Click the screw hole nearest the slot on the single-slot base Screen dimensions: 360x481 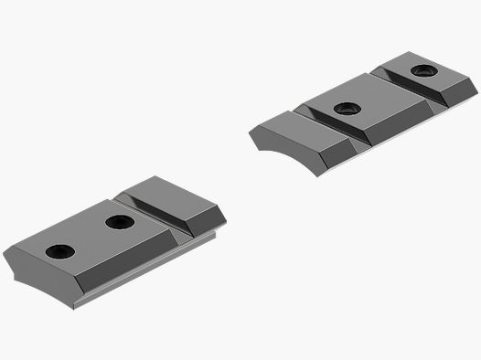tap(119, 221)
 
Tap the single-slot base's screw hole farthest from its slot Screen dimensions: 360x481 tap(60, 251)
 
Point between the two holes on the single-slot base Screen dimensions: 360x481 tap(90, 236)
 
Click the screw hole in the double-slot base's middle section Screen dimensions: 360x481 tap(347, 109)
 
